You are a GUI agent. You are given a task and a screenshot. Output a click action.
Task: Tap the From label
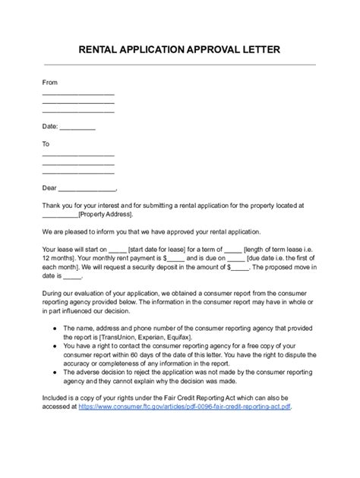(x=50, y=82)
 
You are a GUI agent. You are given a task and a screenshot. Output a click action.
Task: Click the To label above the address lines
(x=46, y=143)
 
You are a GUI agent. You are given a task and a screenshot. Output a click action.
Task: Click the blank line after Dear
(x=87, y=188)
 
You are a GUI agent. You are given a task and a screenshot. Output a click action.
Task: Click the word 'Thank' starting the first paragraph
(x=52, y=205)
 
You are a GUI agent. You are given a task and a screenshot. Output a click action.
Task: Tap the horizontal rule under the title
(x=180, y=65)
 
